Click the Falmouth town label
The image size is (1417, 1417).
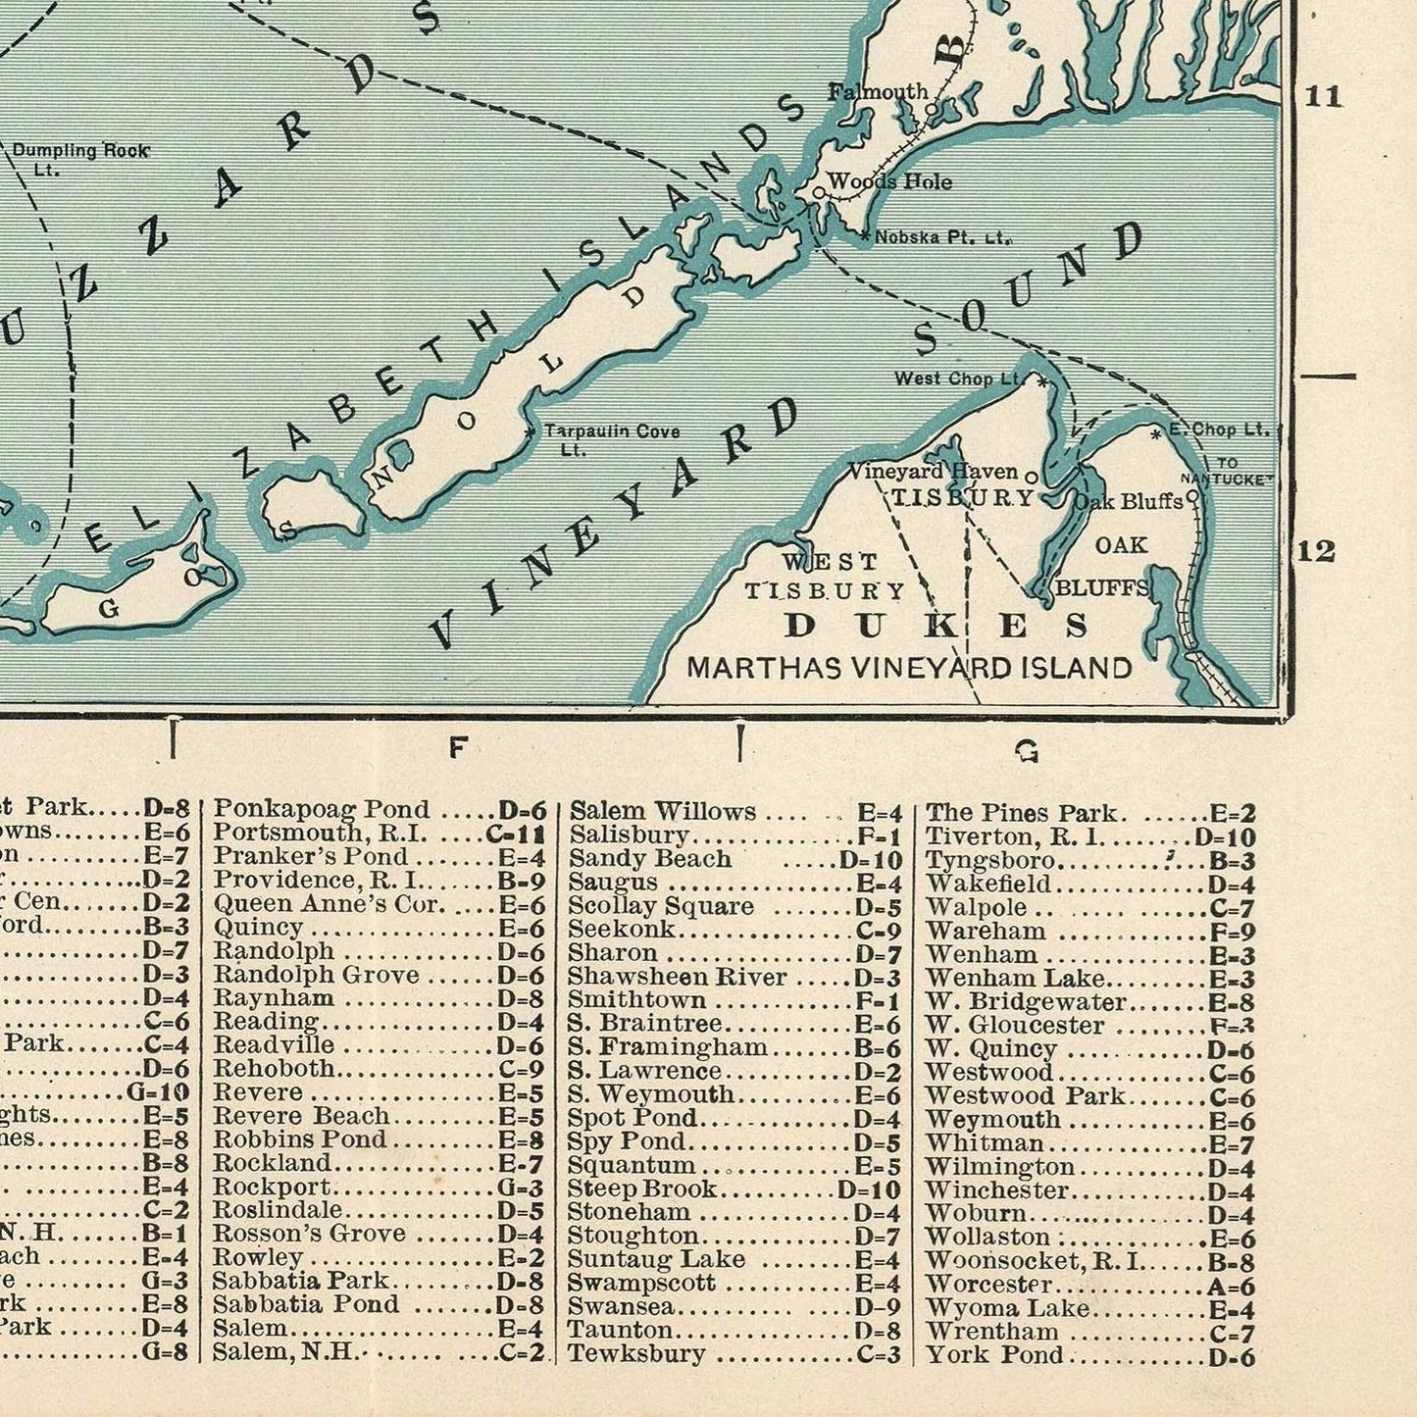click(x=878, y=91)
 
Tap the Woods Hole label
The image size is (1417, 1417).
click(x=889, y=181)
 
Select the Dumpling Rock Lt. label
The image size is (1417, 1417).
click(x=80, y=158)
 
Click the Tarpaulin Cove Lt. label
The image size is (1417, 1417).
click(x=611, y=438)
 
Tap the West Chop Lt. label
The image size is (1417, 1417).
click(x=958, y=379)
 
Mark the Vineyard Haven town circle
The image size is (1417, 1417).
click(x=1031, y=477)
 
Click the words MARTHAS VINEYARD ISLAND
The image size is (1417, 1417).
click(x=909, y=668)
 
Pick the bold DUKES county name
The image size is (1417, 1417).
click(x=936, y=625)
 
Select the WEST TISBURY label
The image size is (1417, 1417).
click(x=825, y=577)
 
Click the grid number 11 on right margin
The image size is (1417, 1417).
click(x=1321, y=95)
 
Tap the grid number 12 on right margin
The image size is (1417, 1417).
click(x=1316, y=551)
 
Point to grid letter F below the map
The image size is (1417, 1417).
click(x=456, y=748)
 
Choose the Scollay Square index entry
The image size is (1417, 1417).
click(x=661, y=905)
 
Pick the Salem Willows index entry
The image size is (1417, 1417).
click(x=663, y=812)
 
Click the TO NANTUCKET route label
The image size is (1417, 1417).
click(x=1226, y=471)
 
